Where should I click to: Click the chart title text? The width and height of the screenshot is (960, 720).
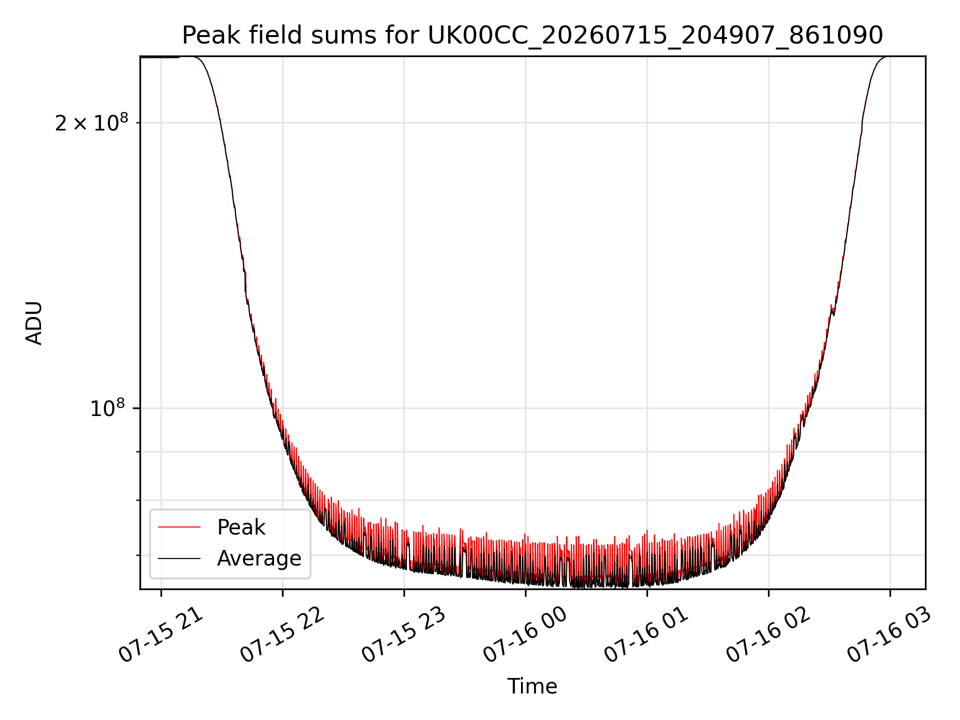coord(532,35)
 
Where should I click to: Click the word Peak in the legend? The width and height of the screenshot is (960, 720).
coord(241,527)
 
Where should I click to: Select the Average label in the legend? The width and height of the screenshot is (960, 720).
coord(259,558)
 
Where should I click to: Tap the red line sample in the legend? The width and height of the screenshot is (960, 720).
coord(179,527)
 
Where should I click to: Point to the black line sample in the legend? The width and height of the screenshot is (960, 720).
coord(179,558)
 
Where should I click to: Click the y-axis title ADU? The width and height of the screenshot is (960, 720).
coord(34,323)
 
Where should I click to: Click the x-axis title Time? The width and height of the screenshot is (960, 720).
coord(532,686)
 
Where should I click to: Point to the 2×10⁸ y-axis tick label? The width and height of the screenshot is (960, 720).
coord(91,122)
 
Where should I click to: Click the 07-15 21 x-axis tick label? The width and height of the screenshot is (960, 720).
coord(161,634)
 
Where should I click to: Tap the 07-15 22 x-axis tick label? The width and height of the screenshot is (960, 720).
coord(282,634)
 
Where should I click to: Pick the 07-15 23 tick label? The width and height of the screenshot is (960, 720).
coord(404,634)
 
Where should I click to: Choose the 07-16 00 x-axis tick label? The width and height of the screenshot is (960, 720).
coord(525,634)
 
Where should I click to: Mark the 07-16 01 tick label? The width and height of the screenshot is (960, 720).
coord(647,634)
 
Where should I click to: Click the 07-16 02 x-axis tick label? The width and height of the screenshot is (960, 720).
coord(768,634)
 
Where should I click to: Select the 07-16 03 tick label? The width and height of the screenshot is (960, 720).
coord(890,634)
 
